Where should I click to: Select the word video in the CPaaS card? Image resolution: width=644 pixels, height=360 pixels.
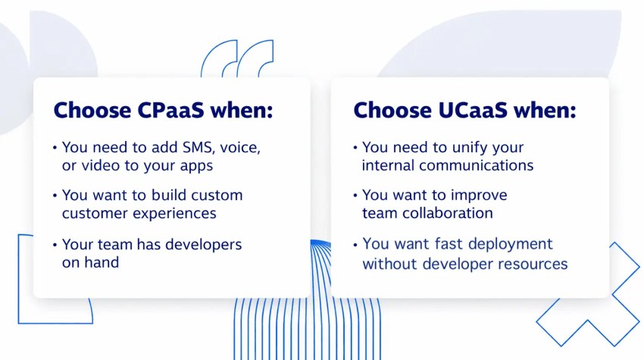(x=102, y=165)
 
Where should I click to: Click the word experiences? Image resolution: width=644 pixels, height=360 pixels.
(x=172, y=213)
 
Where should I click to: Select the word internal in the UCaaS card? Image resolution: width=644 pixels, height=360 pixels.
(x=389, y=165)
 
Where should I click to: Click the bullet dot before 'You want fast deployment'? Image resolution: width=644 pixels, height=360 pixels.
(x=355, y=246)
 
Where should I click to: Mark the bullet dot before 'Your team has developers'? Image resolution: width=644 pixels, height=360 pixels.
(x=55, y=246)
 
